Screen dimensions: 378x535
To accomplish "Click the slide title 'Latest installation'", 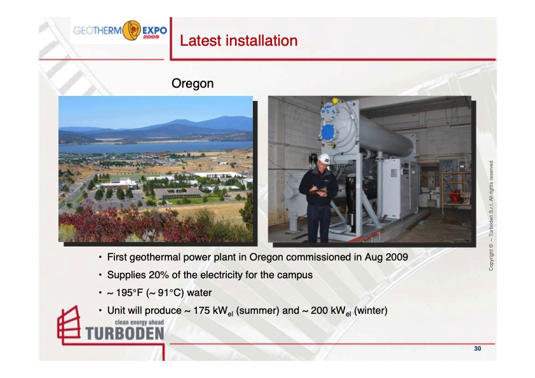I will coord(238,41).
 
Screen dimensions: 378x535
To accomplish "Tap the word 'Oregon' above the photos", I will coord(193,83).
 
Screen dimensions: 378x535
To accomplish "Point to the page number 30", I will coord(477,348).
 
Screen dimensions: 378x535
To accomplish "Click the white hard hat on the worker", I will coord(324,159).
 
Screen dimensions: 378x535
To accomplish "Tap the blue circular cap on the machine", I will coord(328,132).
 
